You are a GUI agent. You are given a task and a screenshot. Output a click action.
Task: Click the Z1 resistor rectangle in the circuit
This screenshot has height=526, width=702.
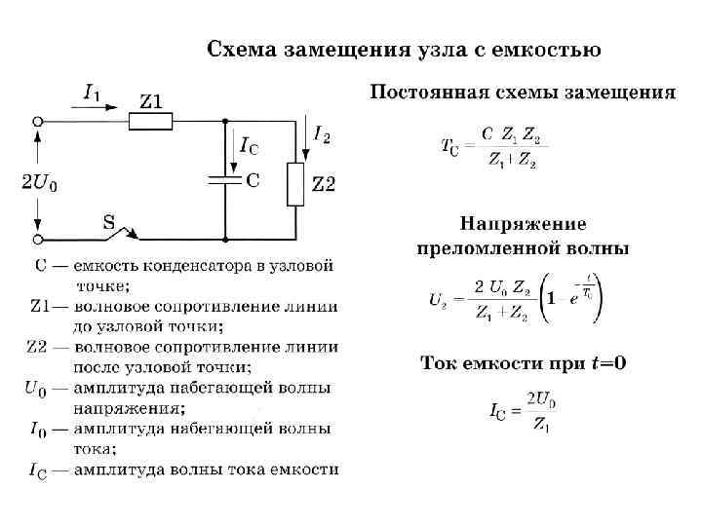[x=151, y=121]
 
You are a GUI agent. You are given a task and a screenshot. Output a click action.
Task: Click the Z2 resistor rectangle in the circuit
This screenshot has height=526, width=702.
[x=295, y=184]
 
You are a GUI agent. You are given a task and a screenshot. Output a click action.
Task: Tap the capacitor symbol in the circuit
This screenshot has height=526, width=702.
[x=225, y=180]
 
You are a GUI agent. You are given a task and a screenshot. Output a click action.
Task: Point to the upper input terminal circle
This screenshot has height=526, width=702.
[x=38, y=121]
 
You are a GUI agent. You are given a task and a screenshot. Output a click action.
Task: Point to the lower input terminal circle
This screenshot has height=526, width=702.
[x=38, y=239]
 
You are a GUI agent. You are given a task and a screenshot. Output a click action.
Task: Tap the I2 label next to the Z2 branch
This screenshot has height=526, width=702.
[x=322, y=133]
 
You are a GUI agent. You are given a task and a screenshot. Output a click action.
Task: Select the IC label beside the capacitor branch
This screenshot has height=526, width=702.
[x=249, y=147]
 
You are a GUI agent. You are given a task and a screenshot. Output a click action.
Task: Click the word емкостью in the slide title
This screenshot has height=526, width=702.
[x=550, y=48]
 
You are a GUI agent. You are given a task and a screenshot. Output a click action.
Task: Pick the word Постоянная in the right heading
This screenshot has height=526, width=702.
[x=425, y=94]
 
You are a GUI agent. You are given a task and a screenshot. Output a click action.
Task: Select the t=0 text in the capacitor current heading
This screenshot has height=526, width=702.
[x=606, y=363]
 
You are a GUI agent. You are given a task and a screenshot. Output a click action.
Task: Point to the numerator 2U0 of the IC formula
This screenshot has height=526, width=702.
[x=540, y=398]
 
